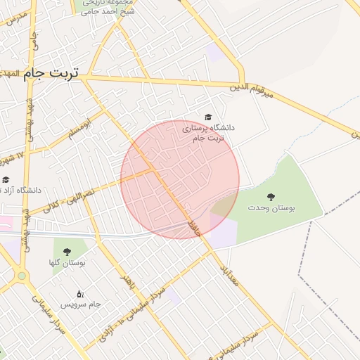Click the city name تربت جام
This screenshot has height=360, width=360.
[53, 73]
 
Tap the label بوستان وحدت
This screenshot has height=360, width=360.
[272, 209]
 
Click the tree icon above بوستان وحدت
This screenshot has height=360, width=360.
[271, 197]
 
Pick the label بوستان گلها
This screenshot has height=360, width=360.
[67, 262]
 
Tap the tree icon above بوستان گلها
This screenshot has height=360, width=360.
[67, 251]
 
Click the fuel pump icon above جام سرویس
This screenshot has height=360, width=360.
[80, 293]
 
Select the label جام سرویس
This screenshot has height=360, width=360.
[80, 304]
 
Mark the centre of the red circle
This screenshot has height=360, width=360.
[180, 179]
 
